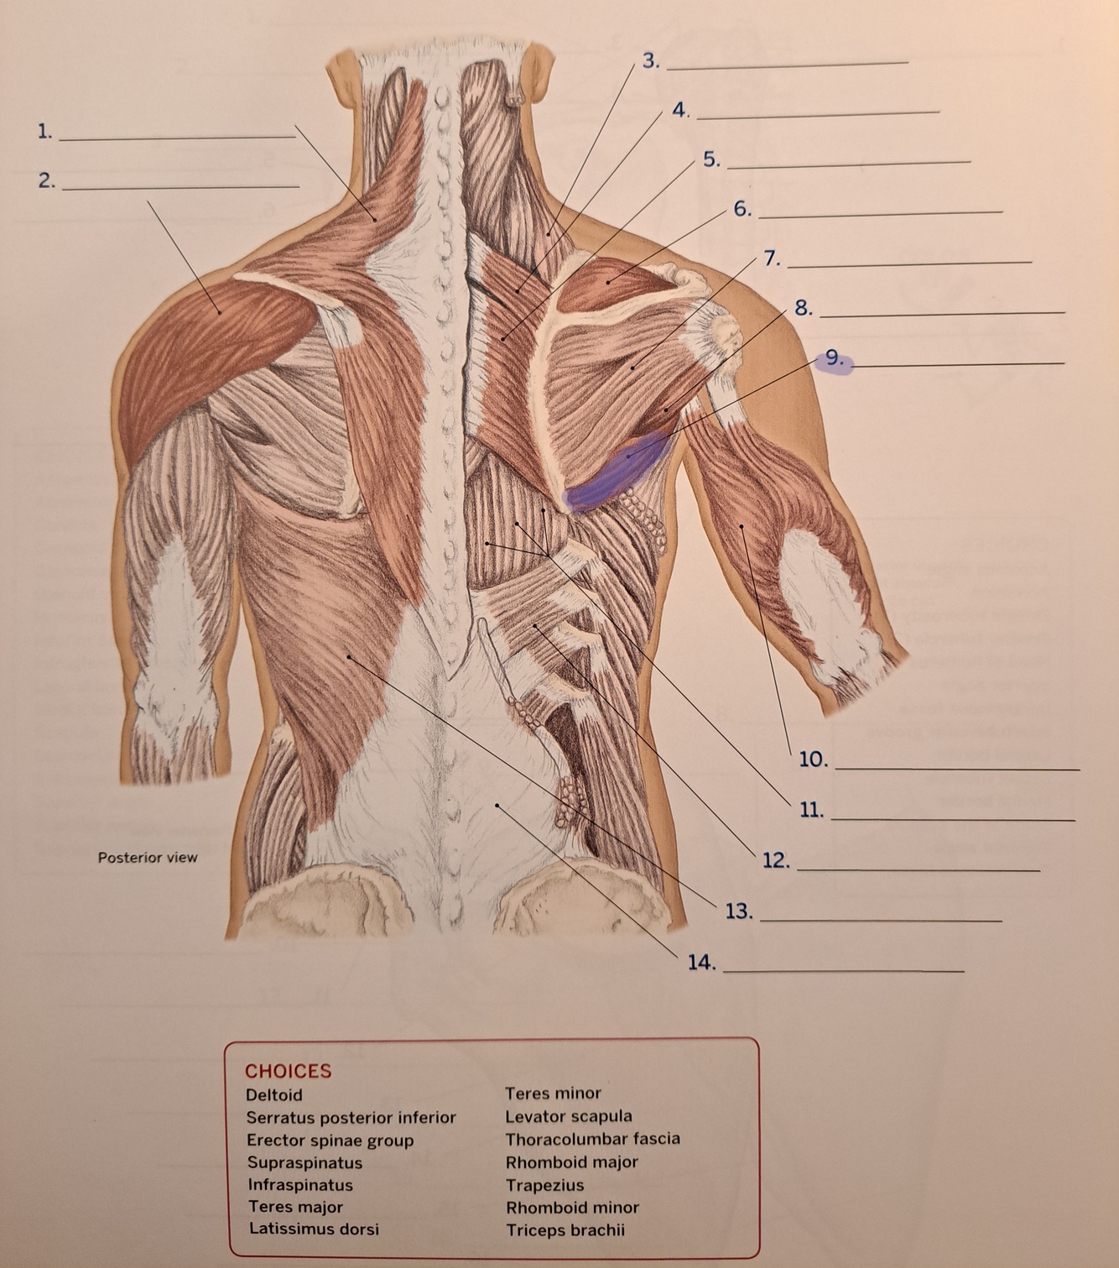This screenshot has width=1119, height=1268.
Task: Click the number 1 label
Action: (44, 131)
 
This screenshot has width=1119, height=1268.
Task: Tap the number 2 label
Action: (46, 180)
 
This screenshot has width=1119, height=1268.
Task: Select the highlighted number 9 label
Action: (833, 359)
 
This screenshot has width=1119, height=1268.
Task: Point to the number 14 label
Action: (701, 963)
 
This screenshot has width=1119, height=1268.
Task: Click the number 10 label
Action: (813, 760)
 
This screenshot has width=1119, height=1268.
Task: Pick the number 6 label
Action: (742, 209)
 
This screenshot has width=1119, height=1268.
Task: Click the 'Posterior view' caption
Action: (148, 857)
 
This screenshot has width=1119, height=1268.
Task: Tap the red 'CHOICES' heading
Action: (288, 1071)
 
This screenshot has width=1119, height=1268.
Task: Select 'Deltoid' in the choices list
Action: (274, 1094)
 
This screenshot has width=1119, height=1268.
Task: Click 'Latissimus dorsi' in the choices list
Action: (314, 1229)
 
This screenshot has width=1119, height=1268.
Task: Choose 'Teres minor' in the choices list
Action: (553, 1093)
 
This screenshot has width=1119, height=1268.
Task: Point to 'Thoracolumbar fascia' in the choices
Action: (592, 1139)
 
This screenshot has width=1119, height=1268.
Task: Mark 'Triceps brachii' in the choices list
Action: (565, 1230)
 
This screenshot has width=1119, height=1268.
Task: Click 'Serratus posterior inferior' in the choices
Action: (351, 1117)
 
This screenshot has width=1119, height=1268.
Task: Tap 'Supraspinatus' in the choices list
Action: (304, 1162)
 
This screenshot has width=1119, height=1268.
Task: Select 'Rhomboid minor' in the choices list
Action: (572, 1208)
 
